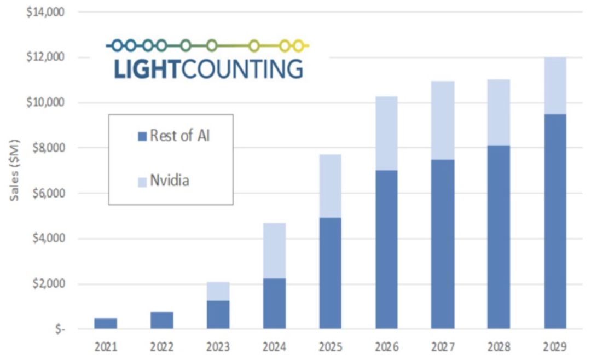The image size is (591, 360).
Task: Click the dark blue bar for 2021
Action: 106,323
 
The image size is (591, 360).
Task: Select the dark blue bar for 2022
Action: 162,321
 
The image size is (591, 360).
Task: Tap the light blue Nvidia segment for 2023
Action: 218,291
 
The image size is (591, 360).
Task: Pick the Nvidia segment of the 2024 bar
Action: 274,251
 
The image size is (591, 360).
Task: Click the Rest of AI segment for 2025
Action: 331,274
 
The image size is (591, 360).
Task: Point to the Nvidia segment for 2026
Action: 386,133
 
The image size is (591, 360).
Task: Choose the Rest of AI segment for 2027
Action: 442,244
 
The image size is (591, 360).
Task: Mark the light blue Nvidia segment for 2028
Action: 499,112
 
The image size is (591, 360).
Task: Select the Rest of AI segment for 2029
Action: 555,222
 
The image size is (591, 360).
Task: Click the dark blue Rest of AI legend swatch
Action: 142,137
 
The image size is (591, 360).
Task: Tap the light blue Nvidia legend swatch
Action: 142,181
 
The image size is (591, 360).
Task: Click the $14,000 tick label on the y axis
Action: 45,11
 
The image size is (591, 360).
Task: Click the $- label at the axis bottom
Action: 60,329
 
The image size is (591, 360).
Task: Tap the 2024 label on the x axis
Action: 274,346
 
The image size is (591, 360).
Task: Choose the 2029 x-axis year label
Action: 555,346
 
